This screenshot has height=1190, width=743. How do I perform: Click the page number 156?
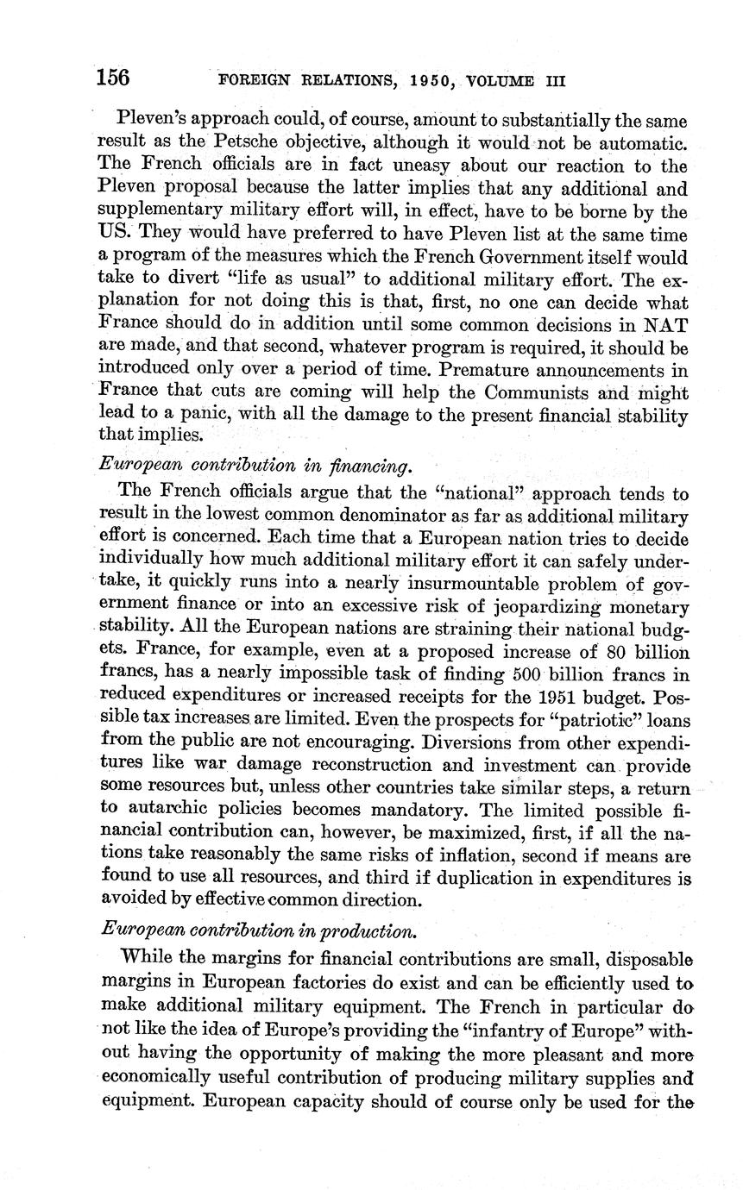[113, 78]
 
